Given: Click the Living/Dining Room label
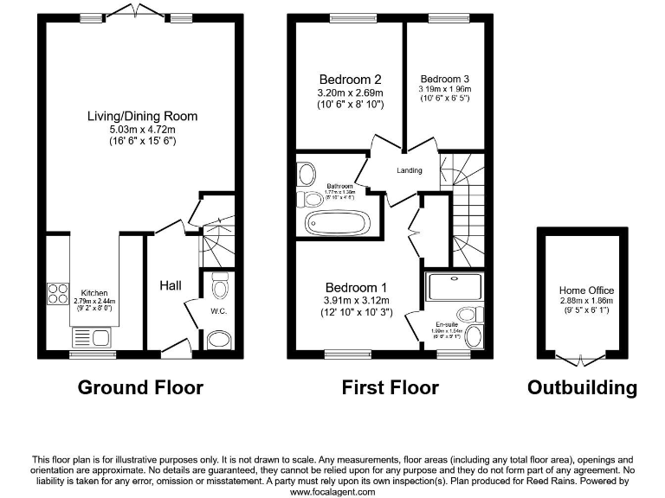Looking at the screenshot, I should pos(142,116).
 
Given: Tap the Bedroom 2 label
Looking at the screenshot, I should pos(351,74).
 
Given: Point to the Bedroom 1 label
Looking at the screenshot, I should pos(357,287).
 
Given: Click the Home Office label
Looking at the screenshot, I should pos(586,290).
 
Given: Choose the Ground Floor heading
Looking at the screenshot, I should pos(140,387).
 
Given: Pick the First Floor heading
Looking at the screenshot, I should pos(390,387).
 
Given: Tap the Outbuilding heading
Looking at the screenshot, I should pos(582,387).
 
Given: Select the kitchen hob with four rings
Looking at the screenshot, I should pos(57,294).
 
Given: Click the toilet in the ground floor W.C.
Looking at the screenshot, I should pos(220,285).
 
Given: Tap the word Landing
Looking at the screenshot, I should pos(410,170).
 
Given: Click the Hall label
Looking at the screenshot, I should pos(171,284).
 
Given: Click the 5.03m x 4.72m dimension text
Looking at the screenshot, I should pos(142,129).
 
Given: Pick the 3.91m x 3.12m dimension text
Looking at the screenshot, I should pos(357,300).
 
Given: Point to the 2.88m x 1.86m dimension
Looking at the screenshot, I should pos(586,301).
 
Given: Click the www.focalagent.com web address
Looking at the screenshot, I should pos(332,491).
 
